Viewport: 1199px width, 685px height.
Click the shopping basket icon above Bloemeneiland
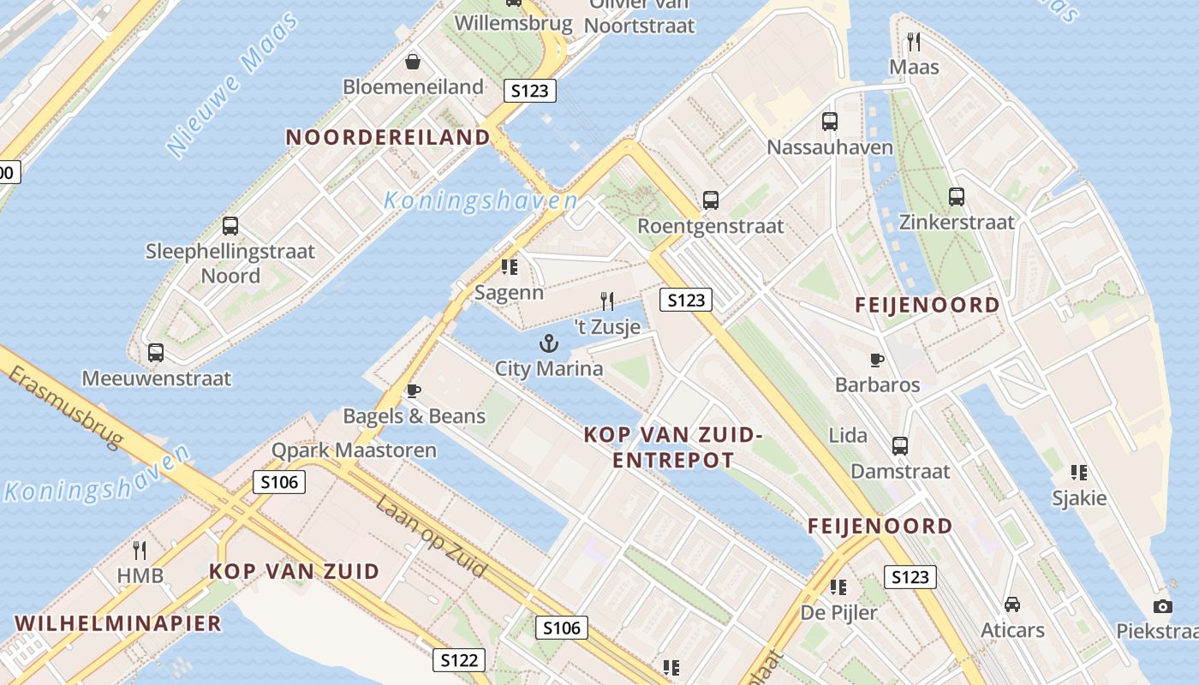[413, 62]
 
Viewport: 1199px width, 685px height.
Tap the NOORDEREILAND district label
[387, 137]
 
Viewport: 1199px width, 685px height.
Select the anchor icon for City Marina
[548, 344]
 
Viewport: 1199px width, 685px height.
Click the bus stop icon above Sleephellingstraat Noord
[230, 226]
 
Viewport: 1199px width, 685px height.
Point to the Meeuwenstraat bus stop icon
[156, 353]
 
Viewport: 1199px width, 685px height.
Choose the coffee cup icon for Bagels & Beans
[414, 391]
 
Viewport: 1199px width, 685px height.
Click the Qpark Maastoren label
[354, 450]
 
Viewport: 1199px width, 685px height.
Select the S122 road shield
[459, 660]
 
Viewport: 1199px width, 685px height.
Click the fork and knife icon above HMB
[140, 550]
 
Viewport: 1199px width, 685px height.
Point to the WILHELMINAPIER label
[118, 623]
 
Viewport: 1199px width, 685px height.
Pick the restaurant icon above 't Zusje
[607, 301]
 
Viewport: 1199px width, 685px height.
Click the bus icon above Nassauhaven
[829, 122]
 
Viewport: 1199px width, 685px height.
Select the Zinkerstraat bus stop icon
[957, 197]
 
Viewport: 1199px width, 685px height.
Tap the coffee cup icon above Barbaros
[876, 360]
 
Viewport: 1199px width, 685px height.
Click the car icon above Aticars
[1012, 605]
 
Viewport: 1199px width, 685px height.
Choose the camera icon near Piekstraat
[1162, 606]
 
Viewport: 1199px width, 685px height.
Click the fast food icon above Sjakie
[1079, 472]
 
